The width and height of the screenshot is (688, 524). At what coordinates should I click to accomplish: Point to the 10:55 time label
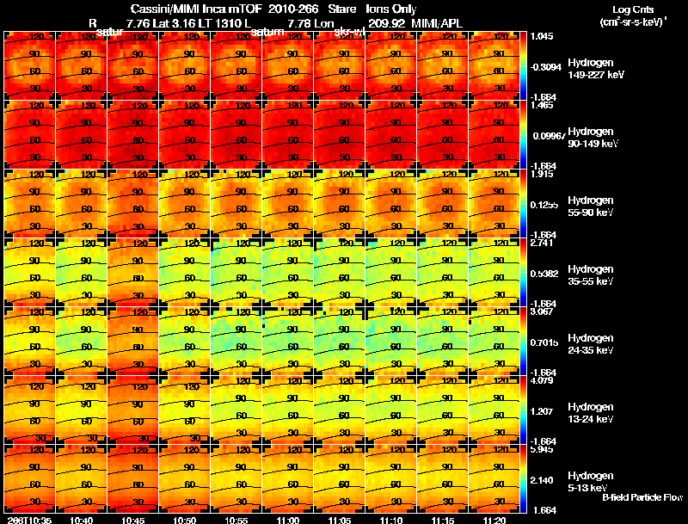pos(236,520)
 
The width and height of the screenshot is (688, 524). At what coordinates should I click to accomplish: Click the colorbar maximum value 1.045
pos(542,36)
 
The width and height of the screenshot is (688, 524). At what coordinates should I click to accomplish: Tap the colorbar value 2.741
pos(542,244)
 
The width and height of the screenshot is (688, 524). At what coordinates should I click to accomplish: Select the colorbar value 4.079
pos(542,380)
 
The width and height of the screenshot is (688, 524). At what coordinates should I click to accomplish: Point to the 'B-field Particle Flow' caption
pos(642,497)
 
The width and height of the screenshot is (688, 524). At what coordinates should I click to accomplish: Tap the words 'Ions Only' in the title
pos(391,9)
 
